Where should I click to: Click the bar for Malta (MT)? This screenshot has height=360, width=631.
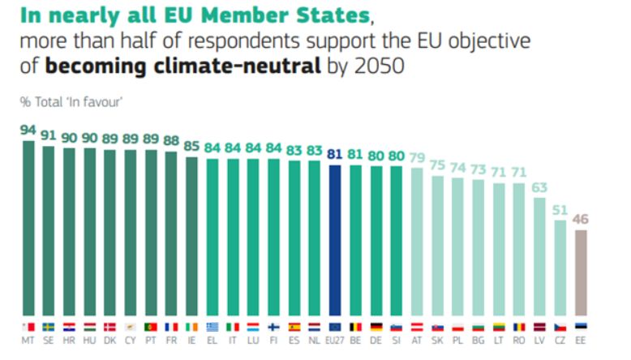tap(28, 228)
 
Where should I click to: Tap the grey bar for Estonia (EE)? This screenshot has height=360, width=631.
tap(582, 272)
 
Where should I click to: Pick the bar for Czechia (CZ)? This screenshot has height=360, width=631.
tap(560, 268)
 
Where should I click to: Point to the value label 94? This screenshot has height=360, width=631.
tap(28, 130)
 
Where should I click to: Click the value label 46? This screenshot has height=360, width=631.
tap(582, 218)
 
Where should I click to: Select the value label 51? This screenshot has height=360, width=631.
tap(560, 208)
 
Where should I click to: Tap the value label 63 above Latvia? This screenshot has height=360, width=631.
tap(539, 187)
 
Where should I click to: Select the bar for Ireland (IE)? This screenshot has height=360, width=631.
tap(192, 236)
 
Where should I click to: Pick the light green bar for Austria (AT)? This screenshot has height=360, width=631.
tap(418, 242)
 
